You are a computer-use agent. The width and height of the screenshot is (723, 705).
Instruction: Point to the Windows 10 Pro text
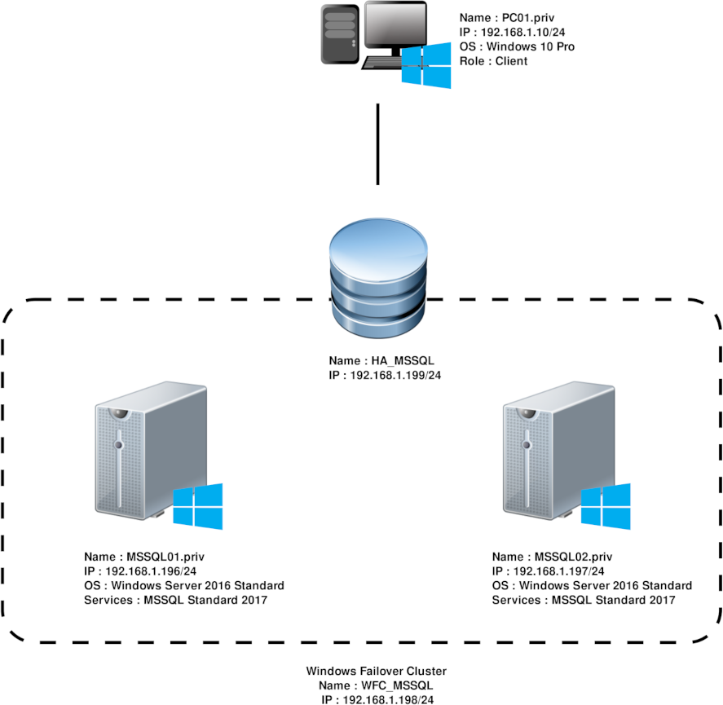pos(535,46)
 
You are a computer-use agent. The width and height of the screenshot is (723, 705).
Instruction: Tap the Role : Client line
pos(493,61)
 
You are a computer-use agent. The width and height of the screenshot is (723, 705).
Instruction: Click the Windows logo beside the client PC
pos(426,66)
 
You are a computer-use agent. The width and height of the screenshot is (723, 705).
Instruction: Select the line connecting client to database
pos(377,144)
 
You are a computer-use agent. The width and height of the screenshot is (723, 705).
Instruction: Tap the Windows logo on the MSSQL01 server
pos(197,506)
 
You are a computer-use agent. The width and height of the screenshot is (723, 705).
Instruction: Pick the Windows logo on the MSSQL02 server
pos(606,506)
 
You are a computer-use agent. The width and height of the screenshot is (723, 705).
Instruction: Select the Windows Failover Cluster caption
pos(377,671)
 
